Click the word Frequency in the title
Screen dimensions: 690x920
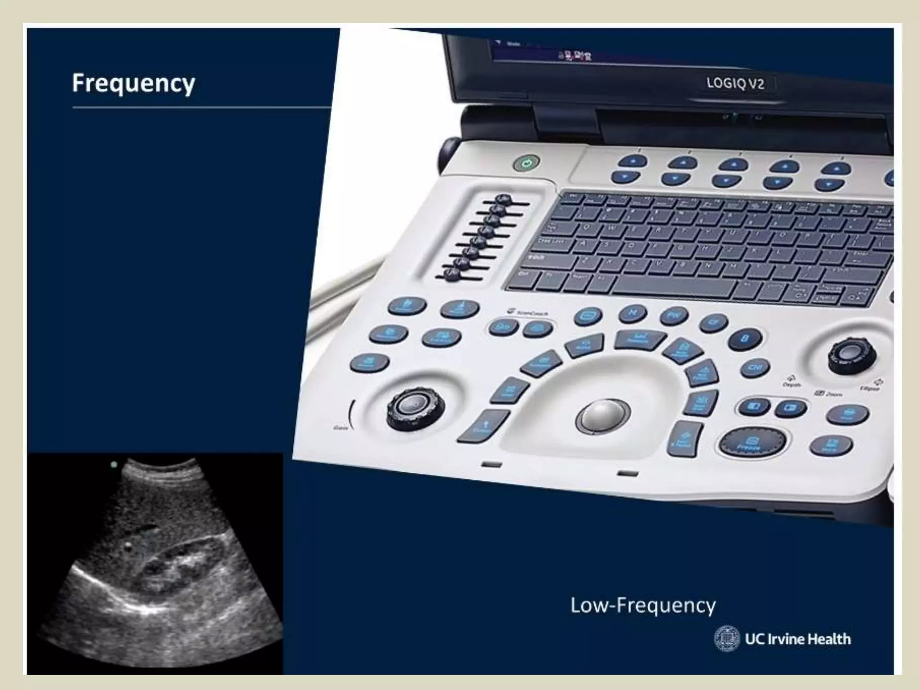[x=133, y=84]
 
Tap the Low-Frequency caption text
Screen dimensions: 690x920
[x=643, y=606]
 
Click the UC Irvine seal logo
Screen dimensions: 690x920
[x=726, y=638]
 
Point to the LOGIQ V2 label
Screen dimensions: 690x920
[x=735, y=84]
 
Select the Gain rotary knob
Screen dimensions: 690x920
[x=416, y=408]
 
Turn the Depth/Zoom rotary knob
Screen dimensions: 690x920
[x=851, y=355]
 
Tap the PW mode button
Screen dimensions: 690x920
[x=674, y=315]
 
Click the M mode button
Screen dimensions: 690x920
[x=632, y=313]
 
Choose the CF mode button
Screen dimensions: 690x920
[x=713, y=322]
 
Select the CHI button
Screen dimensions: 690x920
[x=755, y=369]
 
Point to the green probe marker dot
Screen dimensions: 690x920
[x=114, y=465]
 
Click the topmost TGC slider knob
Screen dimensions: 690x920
[x=504, y=199]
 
